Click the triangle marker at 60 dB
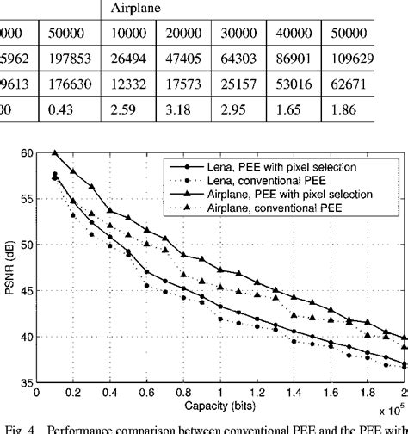(x=55, y=152)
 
